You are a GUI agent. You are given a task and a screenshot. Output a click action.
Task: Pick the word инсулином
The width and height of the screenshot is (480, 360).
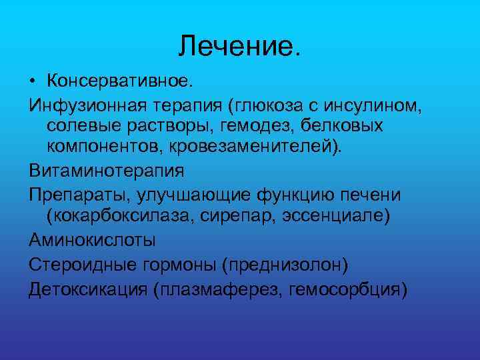(x=378, y=105)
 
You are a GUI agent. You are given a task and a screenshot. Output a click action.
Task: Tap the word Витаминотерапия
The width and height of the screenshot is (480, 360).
(x=106, y=170)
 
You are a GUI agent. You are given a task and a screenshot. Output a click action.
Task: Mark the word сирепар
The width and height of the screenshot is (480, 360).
(x=250, y=215)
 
